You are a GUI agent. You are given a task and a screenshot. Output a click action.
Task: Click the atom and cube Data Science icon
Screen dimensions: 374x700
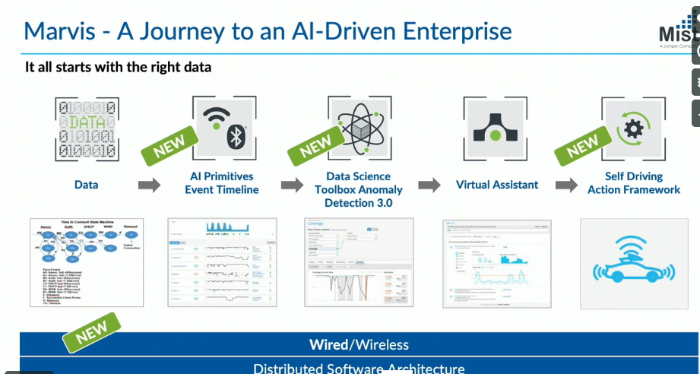tap(358, 126)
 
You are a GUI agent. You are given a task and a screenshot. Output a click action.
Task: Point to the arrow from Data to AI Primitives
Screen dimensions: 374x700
tap(149, 185)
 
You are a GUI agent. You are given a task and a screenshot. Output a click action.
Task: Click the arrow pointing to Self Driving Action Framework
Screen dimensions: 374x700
tap(566, 185)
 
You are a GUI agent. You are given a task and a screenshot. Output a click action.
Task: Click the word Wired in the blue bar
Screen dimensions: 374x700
tap(328, 344)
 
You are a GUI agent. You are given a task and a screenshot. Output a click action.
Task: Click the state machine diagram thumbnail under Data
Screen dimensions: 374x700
tap(86, 262)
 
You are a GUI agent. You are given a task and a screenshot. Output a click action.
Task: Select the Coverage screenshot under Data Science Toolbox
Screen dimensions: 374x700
tap(357, 262)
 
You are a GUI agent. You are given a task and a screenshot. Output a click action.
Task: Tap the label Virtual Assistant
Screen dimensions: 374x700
tap(496, 185)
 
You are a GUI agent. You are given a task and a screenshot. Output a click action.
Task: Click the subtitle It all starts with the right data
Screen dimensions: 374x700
tap(118, 67)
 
